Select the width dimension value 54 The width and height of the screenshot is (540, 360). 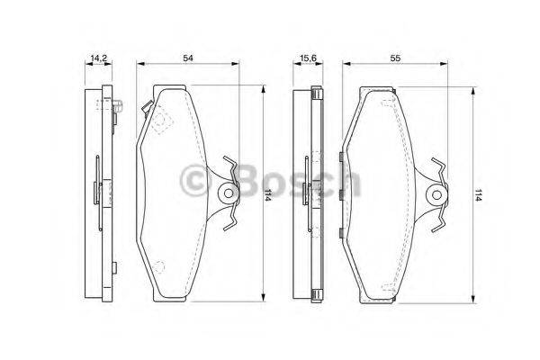[x=187, y=58]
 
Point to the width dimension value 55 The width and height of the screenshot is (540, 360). [x=395, y=58]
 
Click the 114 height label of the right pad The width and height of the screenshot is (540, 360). [x=479, y=194]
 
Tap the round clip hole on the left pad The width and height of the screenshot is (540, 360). [x=228, y=193]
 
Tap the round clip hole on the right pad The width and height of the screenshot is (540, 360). [x=436, y=193]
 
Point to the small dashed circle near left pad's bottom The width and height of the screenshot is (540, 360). [x=160, y=266]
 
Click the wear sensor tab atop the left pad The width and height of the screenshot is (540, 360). [x=146, y=107]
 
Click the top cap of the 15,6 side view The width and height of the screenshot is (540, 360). [x=315, y=92]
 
